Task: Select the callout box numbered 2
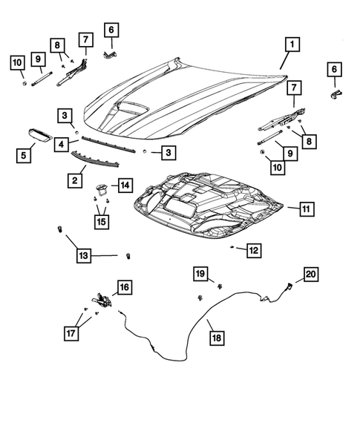coord(76,180)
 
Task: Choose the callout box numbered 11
coord(306,210)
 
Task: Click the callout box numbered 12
coord(254,251)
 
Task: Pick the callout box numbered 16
coord(123,287)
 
